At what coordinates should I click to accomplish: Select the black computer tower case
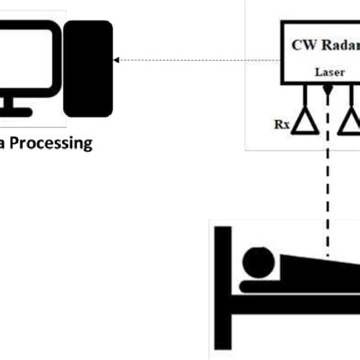click(x=88, y=68)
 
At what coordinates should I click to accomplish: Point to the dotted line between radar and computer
click(x=197, y=60)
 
